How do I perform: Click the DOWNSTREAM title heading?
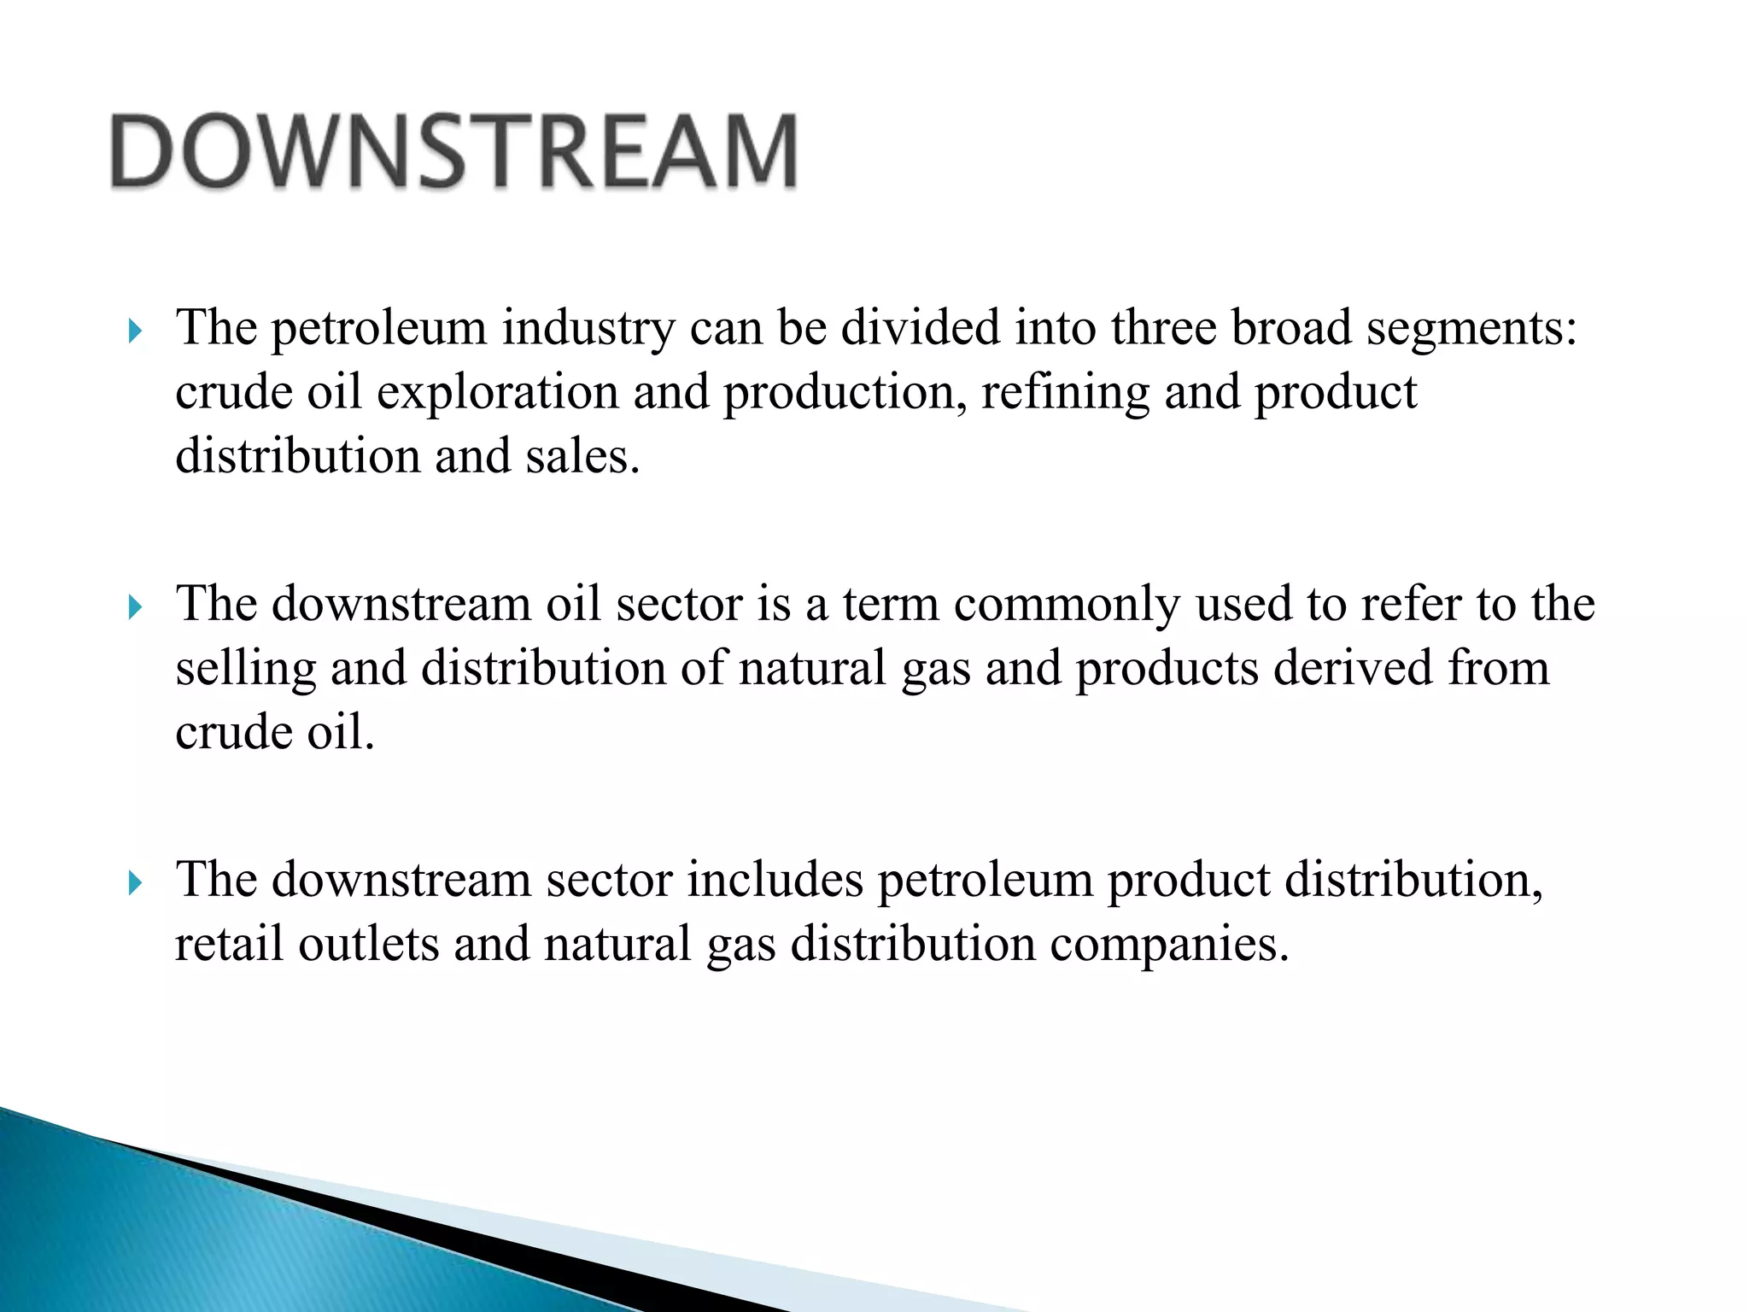(x=454, y=152)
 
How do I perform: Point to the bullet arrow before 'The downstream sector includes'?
(x=134, y=883)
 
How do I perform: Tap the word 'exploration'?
(x=497, y=393)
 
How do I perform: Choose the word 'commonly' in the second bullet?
(x=1067, y=605)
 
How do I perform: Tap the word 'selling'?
(x=246, y=669)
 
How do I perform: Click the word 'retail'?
(x=229, y=945)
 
